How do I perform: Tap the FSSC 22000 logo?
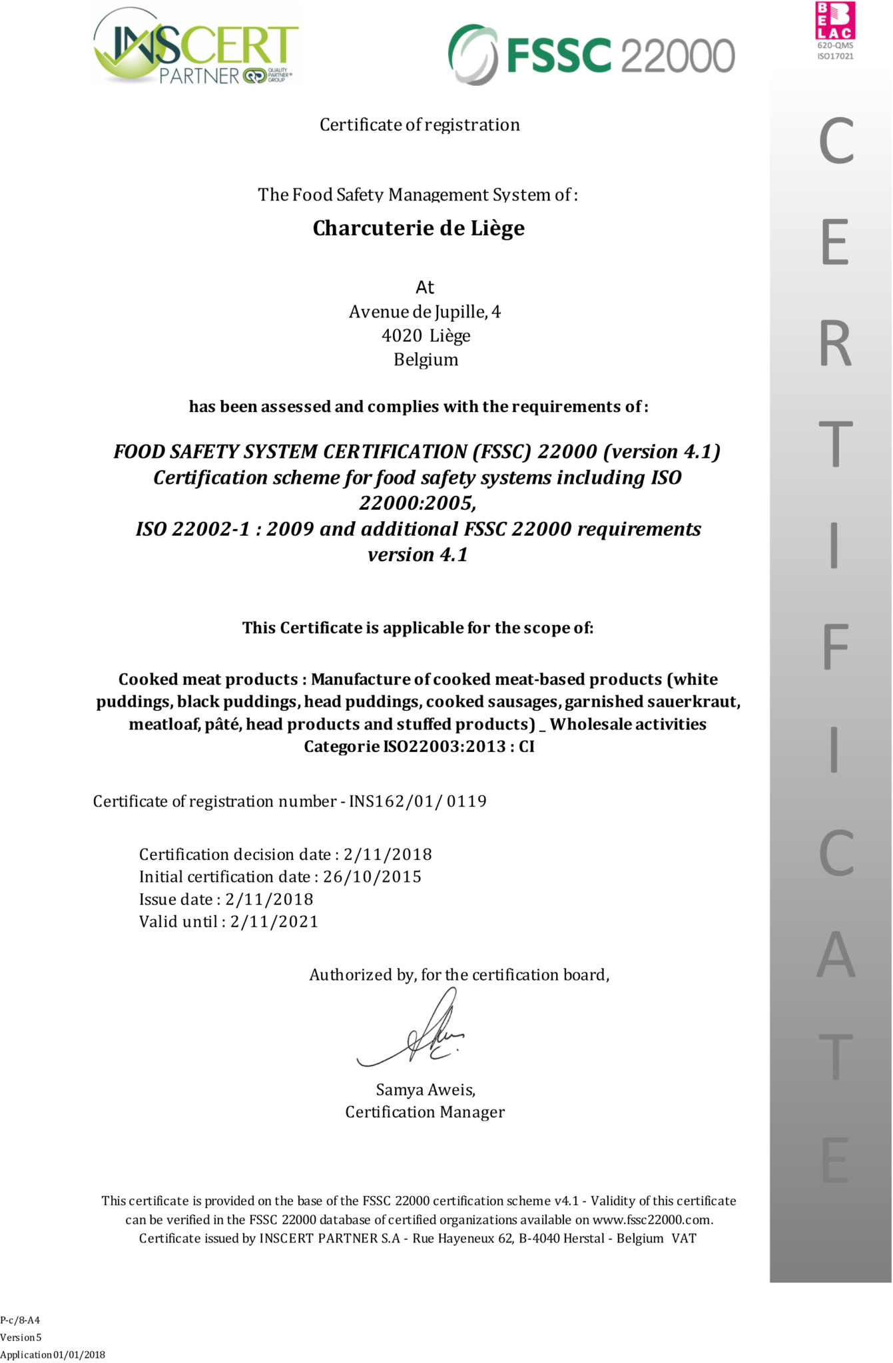tap(591, 54)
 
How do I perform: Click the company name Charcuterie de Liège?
tap(419, 228)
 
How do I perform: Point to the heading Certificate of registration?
tap(420, 125)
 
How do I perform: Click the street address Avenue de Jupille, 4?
tap(425, 311)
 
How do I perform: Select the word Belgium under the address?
tap(426, 359)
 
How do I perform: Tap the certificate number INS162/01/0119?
tap(418, 801)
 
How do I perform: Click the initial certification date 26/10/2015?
tap(372, 876)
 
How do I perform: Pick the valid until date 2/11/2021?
tap(274, 922)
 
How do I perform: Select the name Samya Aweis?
tap(425, 1089)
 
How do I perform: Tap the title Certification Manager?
tap(425, 1112)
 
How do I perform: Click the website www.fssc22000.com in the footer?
tap(652, 1220)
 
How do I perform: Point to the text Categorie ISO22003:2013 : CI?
tap(419, 747)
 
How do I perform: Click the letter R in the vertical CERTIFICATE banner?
tap(836, 344)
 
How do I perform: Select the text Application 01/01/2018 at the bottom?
tap(53, 1354)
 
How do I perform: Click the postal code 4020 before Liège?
tap(402, 335)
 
